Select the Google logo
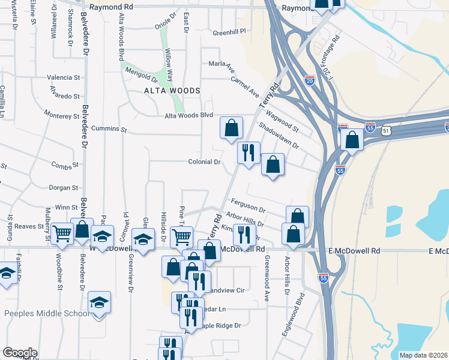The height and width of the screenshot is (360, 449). point(20,353)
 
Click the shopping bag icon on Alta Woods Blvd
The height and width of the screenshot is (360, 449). point(231,128)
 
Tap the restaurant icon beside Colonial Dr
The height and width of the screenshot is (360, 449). point(249,152)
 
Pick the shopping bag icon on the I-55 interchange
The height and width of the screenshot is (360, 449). point(352,140)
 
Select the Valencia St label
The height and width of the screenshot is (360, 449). point(64,78)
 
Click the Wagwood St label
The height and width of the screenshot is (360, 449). point(282,119)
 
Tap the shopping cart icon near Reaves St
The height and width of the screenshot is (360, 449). point(62,233)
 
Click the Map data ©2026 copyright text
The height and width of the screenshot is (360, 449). point(423,355)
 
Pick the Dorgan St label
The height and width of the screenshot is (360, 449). point(64,188)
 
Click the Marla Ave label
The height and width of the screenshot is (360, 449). point(219,64)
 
